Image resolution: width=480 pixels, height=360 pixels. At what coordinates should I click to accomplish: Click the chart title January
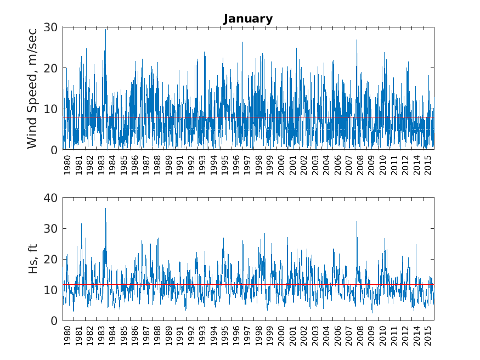pos(248,19)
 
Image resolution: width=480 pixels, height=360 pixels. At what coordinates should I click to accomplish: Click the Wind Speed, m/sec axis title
pos(32,88)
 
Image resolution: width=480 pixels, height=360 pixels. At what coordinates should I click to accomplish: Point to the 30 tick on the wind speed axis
pos(52,27)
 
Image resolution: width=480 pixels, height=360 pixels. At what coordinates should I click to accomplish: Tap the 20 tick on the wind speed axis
pos(52,68)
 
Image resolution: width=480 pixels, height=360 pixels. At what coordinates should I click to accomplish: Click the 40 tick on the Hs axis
pos(52,198)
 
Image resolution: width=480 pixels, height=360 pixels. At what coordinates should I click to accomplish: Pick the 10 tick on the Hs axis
pos(52,290)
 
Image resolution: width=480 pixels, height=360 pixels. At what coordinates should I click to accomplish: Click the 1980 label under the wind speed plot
pos(67,165)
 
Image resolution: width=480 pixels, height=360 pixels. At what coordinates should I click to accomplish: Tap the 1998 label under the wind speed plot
pos(259,165)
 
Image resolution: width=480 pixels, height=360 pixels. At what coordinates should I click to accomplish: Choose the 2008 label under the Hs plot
pos(360,336)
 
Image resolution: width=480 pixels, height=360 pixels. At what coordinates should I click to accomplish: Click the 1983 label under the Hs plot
pos(101,336)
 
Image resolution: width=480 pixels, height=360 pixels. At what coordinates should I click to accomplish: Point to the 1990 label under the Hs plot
pos(169,336)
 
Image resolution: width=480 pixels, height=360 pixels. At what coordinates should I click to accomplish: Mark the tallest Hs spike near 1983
pos(106,209)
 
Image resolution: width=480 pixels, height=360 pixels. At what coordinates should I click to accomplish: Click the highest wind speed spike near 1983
pos(106,30)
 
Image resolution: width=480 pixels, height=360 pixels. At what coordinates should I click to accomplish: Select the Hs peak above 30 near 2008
pos(357,222)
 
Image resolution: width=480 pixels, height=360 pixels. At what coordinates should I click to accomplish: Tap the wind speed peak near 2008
pos(357,40)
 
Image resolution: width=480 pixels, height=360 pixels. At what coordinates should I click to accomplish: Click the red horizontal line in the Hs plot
pos(247,284)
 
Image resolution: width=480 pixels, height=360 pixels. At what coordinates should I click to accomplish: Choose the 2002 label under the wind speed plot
pos(304,165)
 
